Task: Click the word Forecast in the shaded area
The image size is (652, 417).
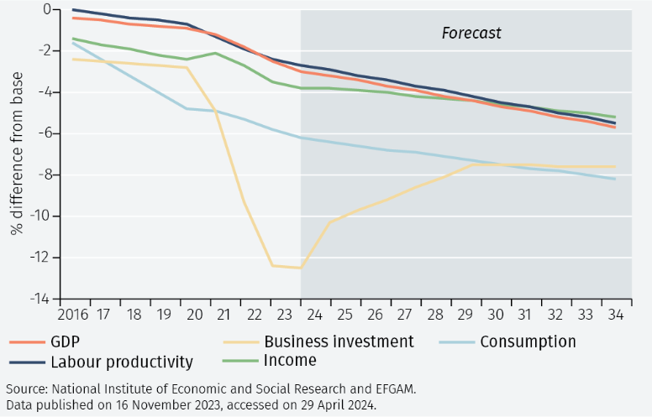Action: tap(471, 34)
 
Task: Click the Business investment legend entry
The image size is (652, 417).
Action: tap(339, 341)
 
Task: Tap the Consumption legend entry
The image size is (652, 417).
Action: tap(527, 341)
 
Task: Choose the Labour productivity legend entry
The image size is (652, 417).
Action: tap(122, 362)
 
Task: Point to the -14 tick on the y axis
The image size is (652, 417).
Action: tap(39, 300)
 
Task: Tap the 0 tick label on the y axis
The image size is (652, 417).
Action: tap(46, 9)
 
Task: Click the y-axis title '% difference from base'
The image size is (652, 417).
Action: tap(17, 154)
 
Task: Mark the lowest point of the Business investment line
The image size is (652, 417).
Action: tap(301, 268)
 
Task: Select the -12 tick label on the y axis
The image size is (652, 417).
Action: tap(39, 258)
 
